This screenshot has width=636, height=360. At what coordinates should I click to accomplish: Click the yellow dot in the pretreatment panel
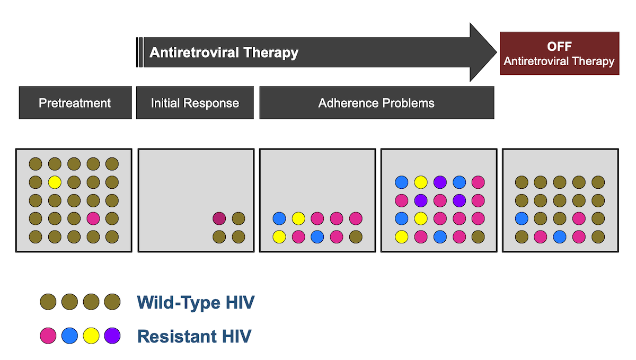click(55, 182)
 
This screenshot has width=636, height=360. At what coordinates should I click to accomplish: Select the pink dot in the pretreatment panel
click(93, 218)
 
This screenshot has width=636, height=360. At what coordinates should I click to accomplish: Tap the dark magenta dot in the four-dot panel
click(219, 218)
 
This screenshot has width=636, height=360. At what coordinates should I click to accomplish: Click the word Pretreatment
click(75, 103)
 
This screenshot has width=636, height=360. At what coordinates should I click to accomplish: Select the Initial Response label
click(195, 103)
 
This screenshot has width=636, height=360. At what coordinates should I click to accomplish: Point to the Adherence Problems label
click(376, 103)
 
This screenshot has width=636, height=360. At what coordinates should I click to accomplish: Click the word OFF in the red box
click(559, 46)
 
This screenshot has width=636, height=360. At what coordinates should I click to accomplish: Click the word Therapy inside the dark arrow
click(271, 52)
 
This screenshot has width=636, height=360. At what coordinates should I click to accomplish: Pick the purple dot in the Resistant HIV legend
click(112, 336)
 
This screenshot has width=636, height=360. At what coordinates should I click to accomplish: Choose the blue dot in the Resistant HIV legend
click(69, 336)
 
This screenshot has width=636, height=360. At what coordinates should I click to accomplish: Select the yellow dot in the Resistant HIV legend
click(91, 336)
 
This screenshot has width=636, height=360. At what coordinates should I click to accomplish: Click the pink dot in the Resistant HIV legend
click(48, 336)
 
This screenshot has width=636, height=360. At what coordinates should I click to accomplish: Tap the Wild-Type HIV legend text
click(196, 302)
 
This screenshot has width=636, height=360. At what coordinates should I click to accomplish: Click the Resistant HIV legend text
click(194, 336)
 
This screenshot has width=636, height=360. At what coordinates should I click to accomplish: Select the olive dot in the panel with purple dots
click(478, 236)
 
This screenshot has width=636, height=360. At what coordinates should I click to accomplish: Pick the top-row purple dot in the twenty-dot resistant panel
click(440, 182)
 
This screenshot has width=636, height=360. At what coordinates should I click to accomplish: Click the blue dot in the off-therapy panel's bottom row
click(560, 236)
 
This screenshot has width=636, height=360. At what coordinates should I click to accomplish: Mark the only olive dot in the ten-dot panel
click(356, 236)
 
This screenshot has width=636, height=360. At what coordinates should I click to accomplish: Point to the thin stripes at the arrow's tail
click(139, 52)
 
